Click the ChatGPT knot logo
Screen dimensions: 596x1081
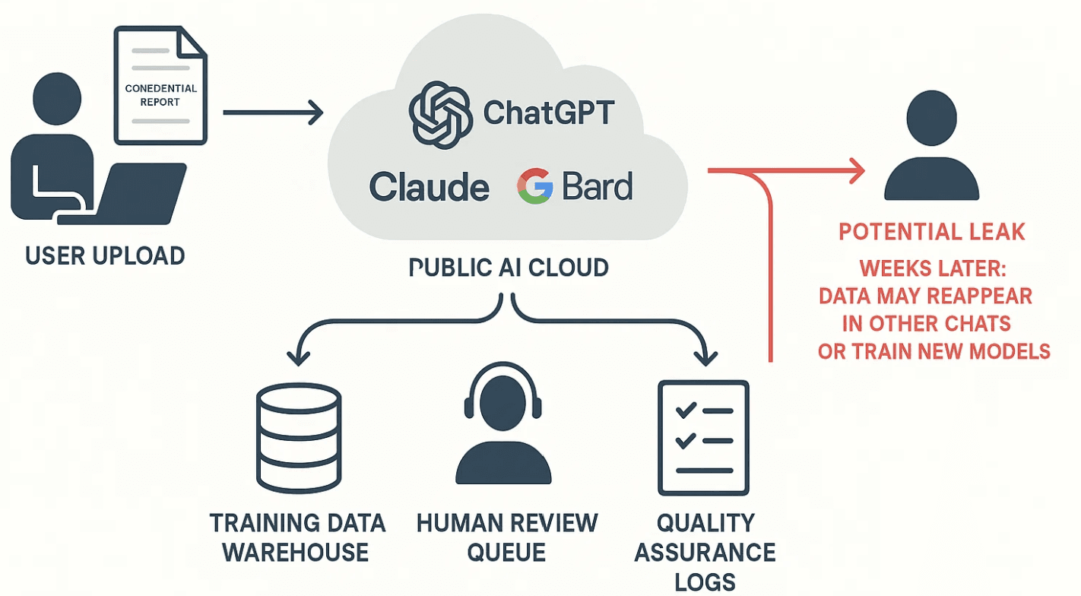(436, 115)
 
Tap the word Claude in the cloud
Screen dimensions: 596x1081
(430, 187)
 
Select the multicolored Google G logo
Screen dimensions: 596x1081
(535, 186)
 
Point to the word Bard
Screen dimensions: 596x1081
(598, 186)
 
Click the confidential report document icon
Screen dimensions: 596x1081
(160, 85)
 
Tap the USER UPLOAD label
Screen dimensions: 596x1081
(105, 255)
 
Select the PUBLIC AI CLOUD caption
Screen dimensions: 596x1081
(509, 268)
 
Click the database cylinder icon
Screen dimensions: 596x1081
(298, 438)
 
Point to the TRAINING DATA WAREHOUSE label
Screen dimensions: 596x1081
(297, 537)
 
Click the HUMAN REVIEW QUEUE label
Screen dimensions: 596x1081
(507, 537)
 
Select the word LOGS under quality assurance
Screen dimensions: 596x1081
(705, 582)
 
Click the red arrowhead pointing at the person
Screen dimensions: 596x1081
(858, 171)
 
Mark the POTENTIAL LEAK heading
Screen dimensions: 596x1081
(932, 232)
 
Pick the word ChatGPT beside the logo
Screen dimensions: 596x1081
(549, 113)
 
